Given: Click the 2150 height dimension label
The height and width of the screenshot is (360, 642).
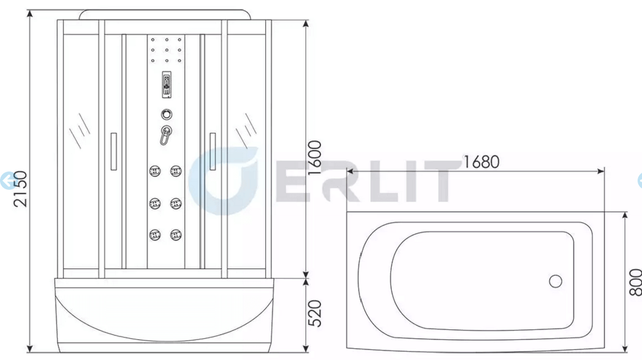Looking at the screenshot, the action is (20, 189).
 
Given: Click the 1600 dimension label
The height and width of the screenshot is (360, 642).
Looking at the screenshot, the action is (315, 157).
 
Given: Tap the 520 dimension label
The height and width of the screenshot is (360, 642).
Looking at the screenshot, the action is (315, 314).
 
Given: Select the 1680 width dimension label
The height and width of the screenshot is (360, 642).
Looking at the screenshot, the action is (481, 162).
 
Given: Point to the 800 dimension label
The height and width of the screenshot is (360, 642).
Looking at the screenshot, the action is (635, 282).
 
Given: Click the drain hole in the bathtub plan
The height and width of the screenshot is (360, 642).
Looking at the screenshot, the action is (555, 282).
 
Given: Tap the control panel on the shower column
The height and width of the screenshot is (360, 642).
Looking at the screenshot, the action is (166, 85).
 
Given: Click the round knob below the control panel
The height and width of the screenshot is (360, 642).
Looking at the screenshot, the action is (166, 114).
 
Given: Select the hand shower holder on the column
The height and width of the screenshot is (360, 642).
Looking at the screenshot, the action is (166, 135).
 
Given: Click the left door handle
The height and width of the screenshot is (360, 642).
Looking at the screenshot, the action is (114, 151).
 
